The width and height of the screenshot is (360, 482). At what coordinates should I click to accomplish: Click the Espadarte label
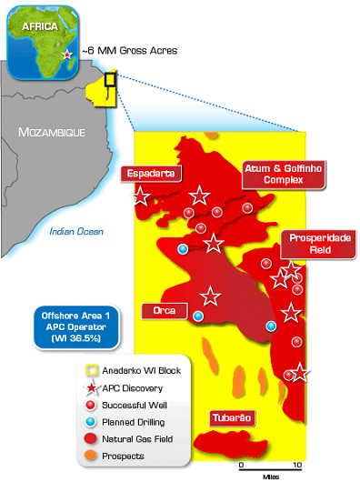click(x=152, y=173)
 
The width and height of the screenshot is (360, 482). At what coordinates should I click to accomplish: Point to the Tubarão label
click(x=232, y=418)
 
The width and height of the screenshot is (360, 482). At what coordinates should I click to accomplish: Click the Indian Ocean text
click(x=77, y=232)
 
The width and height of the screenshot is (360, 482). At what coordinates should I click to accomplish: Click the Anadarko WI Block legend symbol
click(x=91, y=370)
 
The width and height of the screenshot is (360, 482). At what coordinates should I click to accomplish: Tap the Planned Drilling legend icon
click(x=91, y=421)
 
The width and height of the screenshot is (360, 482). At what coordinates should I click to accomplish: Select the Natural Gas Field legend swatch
click(x=91, y=438)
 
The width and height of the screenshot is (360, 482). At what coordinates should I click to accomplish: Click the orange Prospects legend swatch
click(x=91, y=456)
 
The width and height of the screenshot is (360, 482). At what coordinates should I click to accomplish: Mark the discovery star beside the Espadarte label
click(x=141, y=196)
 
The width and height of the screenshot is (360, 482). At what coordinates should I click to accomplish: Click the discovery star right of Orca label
click(x=210, y=296)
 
